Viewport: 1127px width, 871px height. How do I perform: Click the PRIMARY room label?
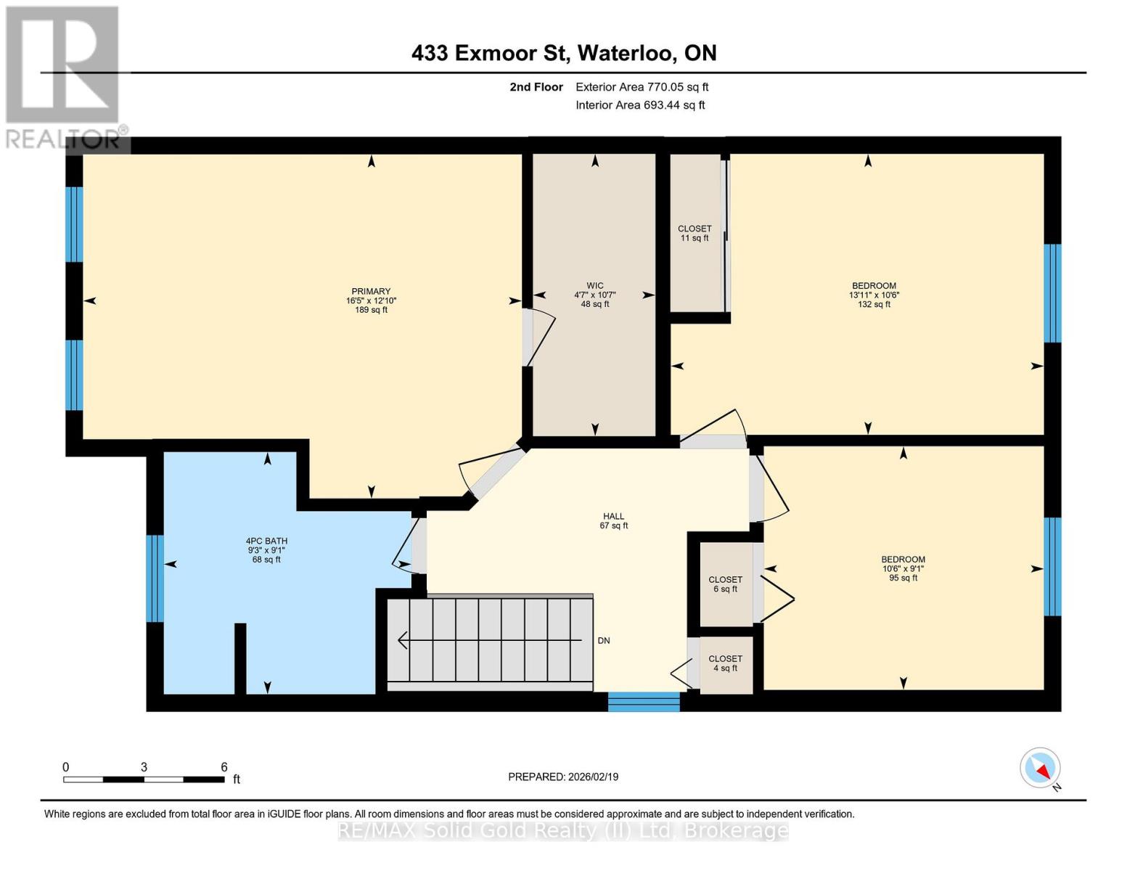pyautogui.click(x=370, y=291)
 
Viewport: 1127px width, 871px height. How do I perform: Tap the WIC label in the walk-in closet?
pyautogui.click(x=594, y=285)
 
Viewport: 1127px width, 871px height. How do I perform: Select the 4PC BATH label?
pyautogui.click(x=266, y=541)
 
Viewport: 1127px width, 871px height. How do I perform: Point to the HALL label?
pyautogui.click(x=613, y=516)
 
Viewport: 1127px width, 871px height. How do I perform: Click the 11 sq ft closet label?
pyautogui.click(x=694, y=234)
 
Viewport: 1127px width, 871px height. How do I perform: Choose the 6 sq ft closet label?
pyautogui.click(x=725, y=584)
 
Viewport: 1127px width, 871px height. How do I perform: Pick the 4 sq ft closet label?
pyautogui.click(x=725, y=663)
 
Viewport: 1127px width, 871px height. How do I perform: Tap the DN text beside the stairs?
pyautogui.click(x=604, y=641)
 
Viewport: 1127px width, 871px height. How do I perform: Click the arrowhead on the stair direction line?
pyautogui.click(x=402, y=641)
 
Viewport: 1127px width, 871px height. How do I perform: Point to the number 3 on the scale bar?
pyautogui.click(x=144, y=767)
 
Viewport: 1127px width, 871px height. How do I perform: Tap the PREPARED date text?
pyautogui.click(x=563, y=777)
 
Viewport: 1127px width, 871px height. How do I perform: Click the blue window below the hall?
pyautogui.click(x=644, y=702)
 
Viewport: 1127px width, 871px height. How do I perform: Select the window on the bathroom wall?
pyautogui.click(x=155, y=578)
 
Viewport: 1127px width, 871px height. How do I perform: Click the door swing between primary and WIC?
pyautogui.click(x=539, y=338)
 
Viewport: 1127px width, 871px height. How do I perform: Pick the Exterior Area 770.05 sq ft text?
pyautogui.click(x=642, y=87)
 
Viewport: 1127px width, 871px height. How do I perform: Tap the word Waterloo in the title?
pyautogui.click(x=627, y=53)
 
